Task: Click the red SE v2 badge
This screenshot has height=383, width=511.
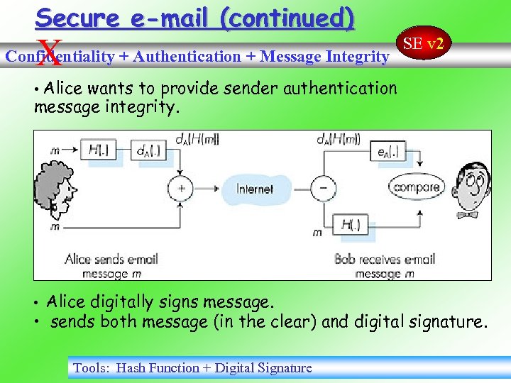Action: click(423, 44)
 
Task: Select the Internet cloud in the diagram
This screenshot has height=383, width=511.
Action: click(254, 189)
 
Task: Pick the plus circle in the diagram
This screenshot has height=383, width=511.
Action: click(180, 189)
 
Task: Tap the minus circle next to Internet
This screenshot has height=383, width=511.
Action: click(325, 189)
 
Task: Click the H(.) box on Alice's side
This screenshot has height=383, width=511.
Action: click(104, 150)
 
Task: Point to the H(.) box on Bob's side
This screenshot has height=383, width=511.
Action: click(351, 225)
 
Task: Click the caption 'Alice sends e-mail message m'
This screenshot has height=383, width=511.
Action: click(111, 266)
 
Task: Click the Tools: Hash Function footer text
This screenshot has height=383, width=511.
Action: click(192, 367)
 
